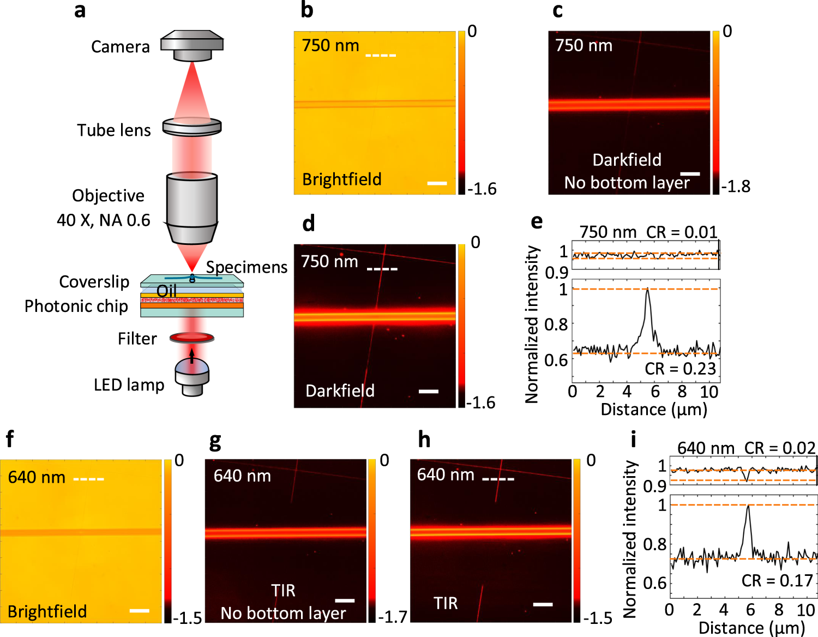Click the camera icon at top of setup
[192, 45]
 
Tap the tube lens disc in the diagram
[192, 127]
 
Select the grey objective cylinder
[192, 207]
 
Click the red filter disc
[192, 338]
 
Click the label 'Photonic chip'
[76, 306]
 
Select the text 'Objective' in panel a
[109, 196]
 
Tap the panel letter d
[309, 224]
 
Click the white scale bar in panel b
[437, 183]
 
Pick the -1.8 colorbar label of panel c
[736, 187]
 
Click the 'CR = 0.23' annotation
[680, 369]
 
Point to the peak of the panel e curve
[647, 290]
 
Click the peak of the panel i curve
[748, 506]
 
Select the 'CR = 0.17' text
[777, 581]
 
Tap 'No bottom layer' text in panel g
[283, 613]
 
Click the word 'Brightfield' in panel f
[47, 611]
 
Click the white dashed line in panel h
[498, 479]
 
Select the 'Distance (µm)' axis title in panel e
[654, 409]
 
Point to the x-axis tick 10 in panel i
[806, 609]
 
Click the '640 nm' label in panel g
[242, 476]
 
